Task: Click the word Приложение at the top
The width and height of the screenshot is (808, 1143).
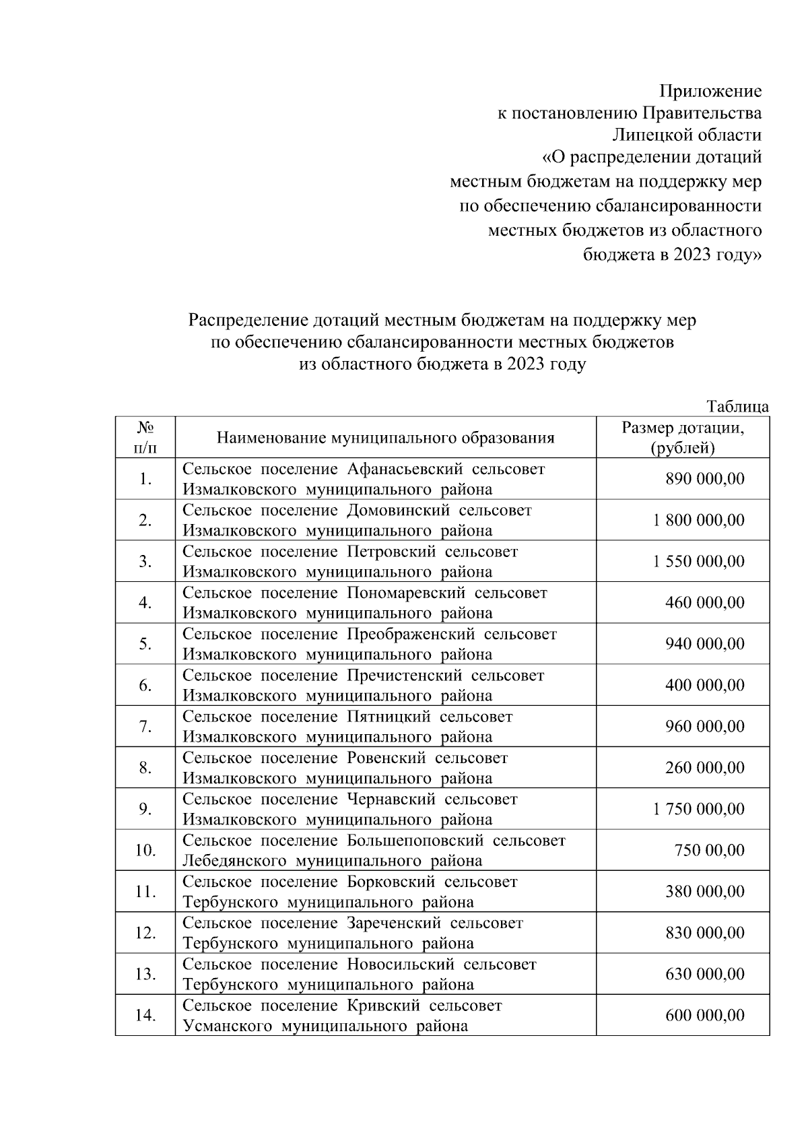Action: pyautogui.click(x=710, y=91)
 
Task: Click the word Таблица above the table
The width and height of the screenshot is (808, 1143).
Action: pyautogui.click(x=737, y=406)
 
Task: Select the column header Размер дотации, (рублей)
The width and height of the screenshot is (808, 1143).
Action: pyautogui.click(x=683, y=438)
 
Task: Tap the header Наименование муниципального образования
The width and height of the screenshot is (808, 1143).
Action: pyautogui.click(x=385, y=438)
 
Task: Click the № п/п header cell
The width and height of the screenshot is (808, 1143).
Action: pyautogui.click(x=145, y=438)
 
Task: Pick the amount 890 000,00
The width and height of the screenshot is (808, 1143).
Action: pyautogui.click(x=704, y=479)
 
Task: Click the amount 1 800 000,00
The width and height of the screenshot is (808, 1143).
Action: pyautogui.click(x=698, y=520)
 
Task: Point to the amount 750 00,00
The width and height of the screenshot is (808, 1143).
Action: pyautogui.click(x=710, y=850)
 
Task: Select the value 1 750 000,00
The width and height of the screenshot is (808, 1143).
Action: pyautogui.click(x=698, y=809)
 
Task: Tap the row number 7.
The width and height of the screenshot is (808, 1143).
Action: pyautogui.click(x=145, y=727)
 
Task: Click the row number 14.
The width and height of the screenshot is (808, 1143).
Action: pyautogui.click(x=145, y=1016)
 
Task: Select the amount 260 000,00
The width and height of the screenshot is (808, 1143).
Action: pyautogui.click(x=704, y=768)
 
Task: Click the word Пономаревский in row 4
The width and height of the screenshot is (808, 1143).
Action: pyautogui.click(x=406, y=593)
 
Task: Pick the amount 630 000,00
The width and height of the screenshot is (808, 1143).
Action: pyautogui.click(x=704, y=974)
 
